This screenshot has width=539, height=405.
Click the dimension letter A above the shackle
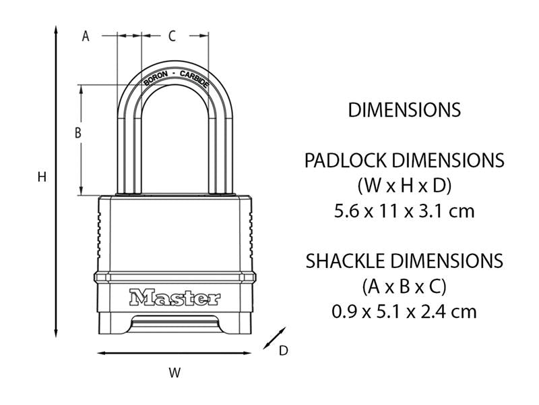[86, 36]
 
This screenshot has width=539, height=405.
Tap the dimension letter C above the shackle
[172, 36]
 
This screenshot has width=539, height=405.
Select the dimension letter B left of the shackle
[78, 134]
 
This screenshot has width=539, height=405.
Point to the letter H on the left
[41, 178]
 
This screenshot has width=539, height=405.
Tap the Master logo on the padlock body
[175, 297]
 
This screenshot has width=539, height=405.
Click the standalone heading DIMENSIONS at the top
[404, 109]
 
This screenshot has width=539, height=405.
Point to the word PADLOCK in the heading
[346, 161]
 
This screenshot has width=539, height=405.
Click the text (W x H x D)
[404, 185]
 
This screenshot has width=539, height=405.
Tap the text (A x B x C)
[404, 286]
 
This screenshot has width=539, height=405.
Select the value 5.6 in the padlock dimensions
[348, 211]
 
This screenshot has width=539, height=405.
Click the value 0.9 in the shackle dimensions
[346, 311]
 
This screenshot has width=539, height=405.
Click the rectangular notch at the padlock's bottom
[175, 325]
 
